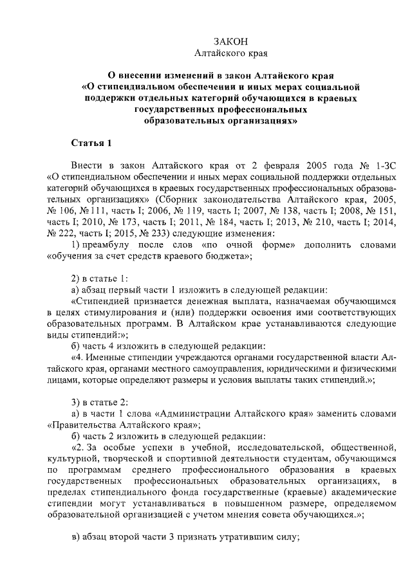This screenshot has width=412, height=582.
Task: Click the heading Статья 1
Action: coord(92,142)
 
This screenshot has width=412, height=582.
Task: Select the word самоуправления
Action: coord(225,368)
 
